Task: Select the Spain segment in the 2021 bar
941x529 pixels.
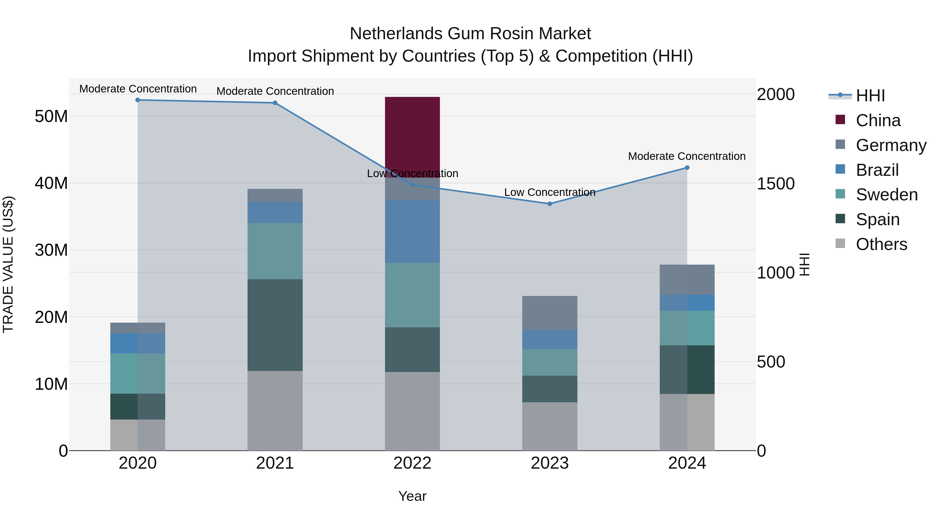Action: tap(275, 325)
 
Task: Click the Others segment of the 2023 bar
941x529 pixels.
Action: tap(549, 426)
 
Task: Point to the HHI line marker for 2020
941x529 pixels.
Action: tap(138, 100)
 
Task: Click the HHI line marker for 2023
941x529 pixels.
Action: tap(549, 204)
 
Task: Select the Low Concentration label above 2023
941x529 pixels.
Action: tap(549, 192)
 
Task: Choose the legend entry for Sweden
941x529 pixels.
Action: tap(887, 195)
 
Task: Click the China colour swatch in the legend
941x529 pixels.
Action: tap(840, 120)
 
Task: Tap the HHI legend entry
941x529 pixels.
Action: tap(870, 96)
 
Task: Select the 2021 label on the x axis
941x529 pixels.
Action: tap(275, 463)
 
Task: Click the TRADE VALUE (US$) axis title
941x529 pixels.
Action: tap(8, 264)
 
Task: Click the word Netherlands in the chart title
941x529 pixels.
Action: tap(396, 34)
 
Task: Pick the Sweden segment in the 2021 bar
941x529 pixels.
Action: tap(275, 251)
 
